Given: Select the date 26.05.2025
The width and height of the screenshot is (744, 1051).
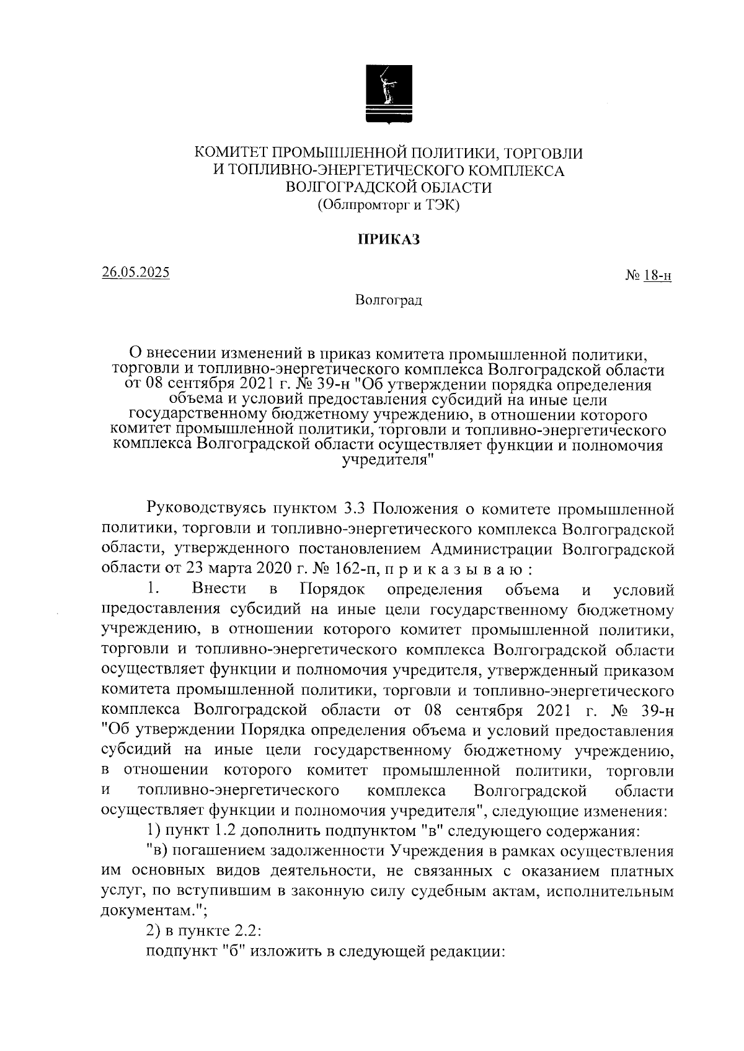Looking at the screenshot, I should point(135,273).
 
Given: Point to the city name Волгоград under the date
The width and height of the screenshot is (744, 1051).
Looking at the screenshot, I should point(389,301).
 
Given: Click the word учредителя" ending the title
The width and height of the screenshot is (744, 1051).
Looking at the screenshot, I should point(388,460).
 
